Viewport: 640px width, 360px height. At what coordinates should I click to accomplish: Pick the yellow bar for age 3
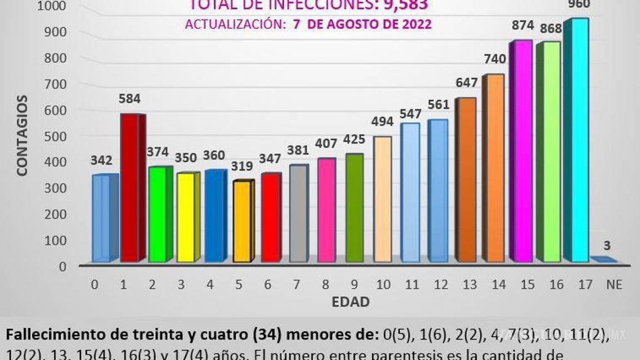[x=186, y=217]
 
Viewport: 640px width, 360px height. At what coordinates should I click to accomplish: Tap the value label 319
[x=242, y=166]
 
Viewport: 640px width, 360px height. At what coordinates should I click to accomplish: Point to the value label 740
[x=494, y=59]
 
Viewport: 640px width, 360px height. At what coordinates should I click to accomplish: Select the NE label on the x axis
[x=614, y=285]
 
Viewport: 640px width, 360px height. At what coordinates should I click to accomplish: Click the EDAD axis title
[x=351, y=302]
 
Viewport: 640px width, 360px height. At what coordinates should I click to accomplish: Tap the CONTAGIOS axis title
[x=22, y=136]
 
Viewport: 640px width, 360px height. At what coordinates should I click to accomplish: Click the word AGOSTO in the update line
[x=359, y=24]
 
